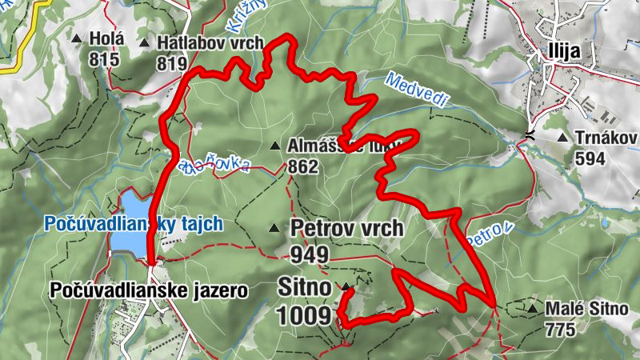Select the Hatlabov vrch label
pyautogui.click(x=210, y=42)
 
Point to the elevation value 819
pyautogui.click(x=172, y=63)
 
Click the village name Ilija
pyautogui.click(x=563, y=50)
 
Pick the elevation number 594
pyautogui.click(x=590, y=158)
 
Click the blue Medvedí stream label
pyautogui.click(x=418, y=89)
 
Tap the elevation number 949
pyautogui.click(x=310, y=254)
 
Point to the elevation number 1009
pyautogui.click(x=304, y=316)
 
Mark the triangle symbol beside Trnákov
pyautogui.click(x=563, y=138)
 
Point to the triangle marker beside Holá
pyautogui.click(x=77, y=38)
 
